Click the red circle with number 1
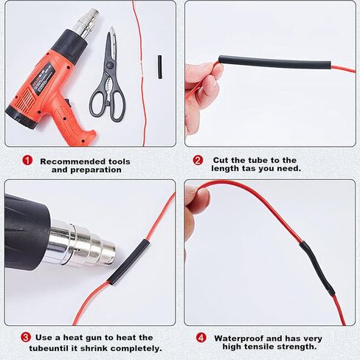click(x=27, y=160)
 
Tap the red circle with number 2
click(x=198, y=160)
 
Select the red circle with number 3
click(x=26, y=337)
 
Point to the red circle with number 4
click(x=201, y=338)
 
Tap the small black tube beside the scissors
click(x=160, y=67)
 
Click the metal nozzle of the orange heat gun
click(x=89, y=24)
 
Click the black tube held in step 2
click(x=275, y=62)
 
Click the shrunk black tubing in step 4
click(x=316, y=269)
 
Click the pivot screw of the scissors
click(x=110, y=65)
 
